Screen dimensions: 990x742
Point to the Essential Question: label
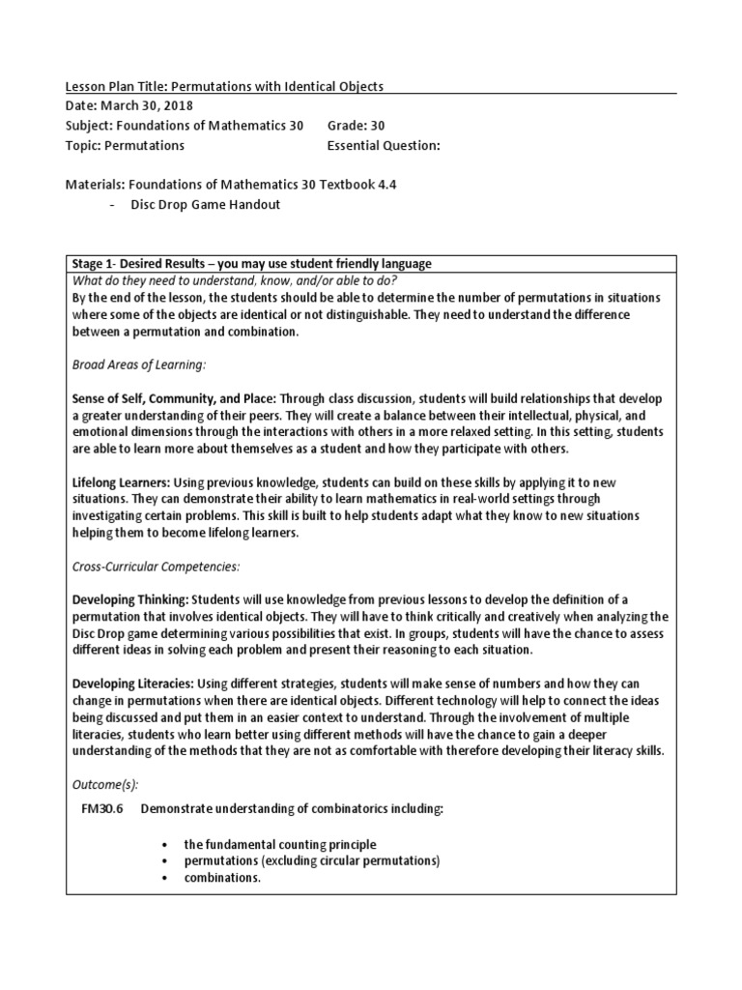(x=384, y=146)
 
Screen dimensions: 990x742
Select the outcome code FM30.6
(x=100, y=809)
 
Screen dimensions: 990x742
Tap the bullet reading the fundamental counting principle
(x=279, y=844)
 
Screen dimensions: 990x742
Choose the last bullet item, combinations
(x=221, y=877)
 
